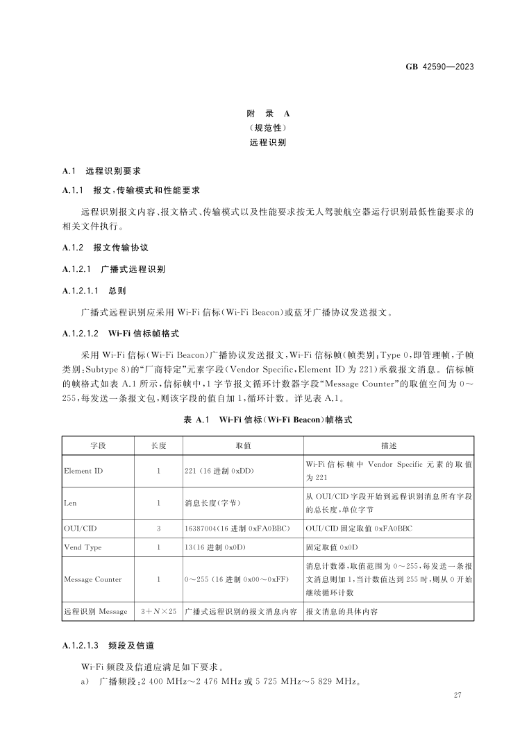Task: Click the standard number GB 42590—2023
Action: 439,67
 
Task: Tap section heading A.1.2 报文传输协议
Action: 106,247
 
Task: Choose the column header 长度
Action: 158,445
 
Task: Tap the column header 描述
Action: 389,445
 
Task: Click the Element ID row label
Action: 83,471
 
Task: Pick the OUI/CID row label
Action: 80,529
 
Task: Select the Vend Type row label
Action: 83,547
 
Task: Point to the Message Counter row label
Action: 92,579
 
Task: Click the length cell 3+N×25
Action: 158,611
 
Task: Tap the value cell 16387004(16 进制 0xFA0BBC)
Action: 239,529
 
